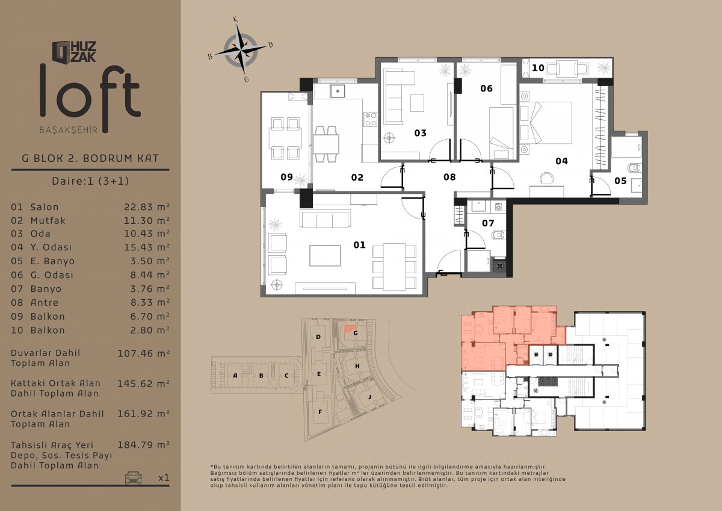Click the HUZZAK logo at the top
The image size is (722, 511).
(x=74, y=52)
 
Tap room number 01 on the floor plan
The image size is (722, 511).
(x=359, y=245)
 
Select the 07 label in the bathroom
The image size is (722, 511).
(x=488, y=223)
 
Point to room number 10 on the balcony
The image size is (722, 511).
(x=538, y=68)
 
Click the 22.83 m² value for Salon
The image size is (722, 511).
(x=147, y=207)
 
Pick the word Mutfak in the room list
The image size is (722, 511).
(x=48, y=221)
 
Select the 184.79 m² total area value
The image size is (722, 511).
(x=143, y=445)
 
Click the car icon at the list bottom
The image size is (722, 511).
(x=133, y=477)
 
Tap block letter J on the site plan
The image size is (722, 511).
(x=369, y=397)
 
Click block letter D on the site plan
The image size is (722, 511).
(x=318, y=337)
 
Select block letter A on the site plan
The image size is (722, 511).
(x=235, y=376)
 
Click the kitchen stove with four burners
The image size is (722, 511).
(x=371, y=119)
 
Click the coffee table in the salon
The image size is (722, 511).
(x=325, y=256)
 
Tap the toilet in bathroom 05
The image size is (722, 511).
(x=634, y=168)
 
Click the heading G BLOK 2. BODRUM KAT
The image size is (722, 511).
(x=90, y=158)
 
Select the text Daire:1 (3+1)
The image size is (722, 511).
(x=90, y=181)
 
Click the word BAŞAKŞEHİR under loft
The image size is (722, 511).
(x=69, y=130)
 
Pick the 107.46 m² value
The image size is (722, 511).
(x=143, y=354)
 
